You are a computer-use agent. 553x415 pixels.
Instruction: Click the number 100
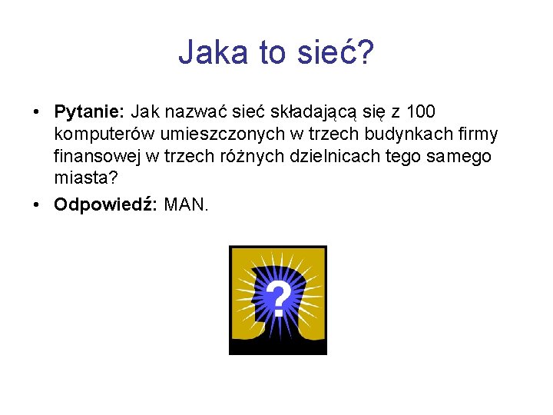420,113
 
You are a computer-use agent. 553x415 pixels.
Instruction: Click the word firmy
478,134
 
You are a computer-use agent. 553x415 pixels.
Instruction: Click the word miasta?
86,178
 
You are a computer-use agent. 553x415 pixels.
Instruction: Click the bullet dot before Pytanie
38,114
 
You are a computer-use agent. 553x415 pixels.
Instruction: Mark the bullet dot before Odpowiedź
38,206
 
